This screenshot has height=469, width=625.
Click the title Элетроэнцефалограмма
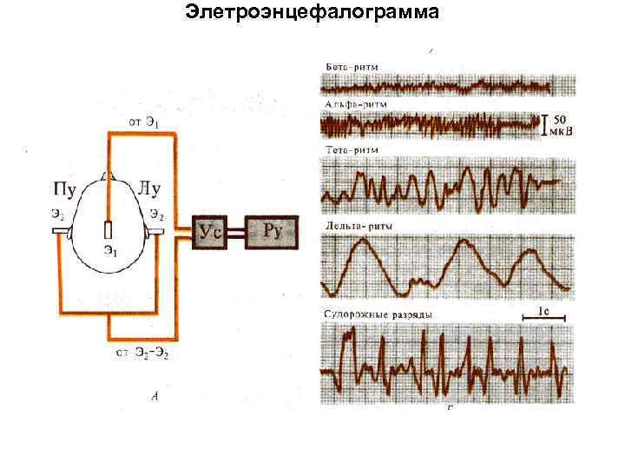312,13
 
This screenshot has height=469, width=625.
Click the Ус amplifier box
211,231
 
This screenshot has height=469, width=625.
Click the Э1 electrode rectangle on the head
109,231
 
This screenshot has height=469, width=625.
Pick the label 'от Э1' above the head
143,122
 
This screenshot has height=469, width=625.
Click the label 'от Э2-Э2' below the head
143,353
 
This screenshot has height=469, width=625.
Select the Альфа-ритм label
356,104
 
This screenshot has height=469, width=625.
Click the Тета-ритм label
352,150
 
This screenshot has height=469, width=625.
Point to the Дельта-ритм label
358,226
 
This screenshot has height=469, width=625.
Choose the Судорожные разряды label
378,313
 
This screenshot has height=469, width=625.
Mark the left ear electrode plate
61,232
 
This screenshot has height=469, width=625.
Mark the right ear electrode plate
156,232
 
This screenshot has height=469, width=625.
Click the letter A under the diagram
155,396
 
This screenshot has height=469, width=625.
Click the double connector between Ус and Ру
237,231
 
